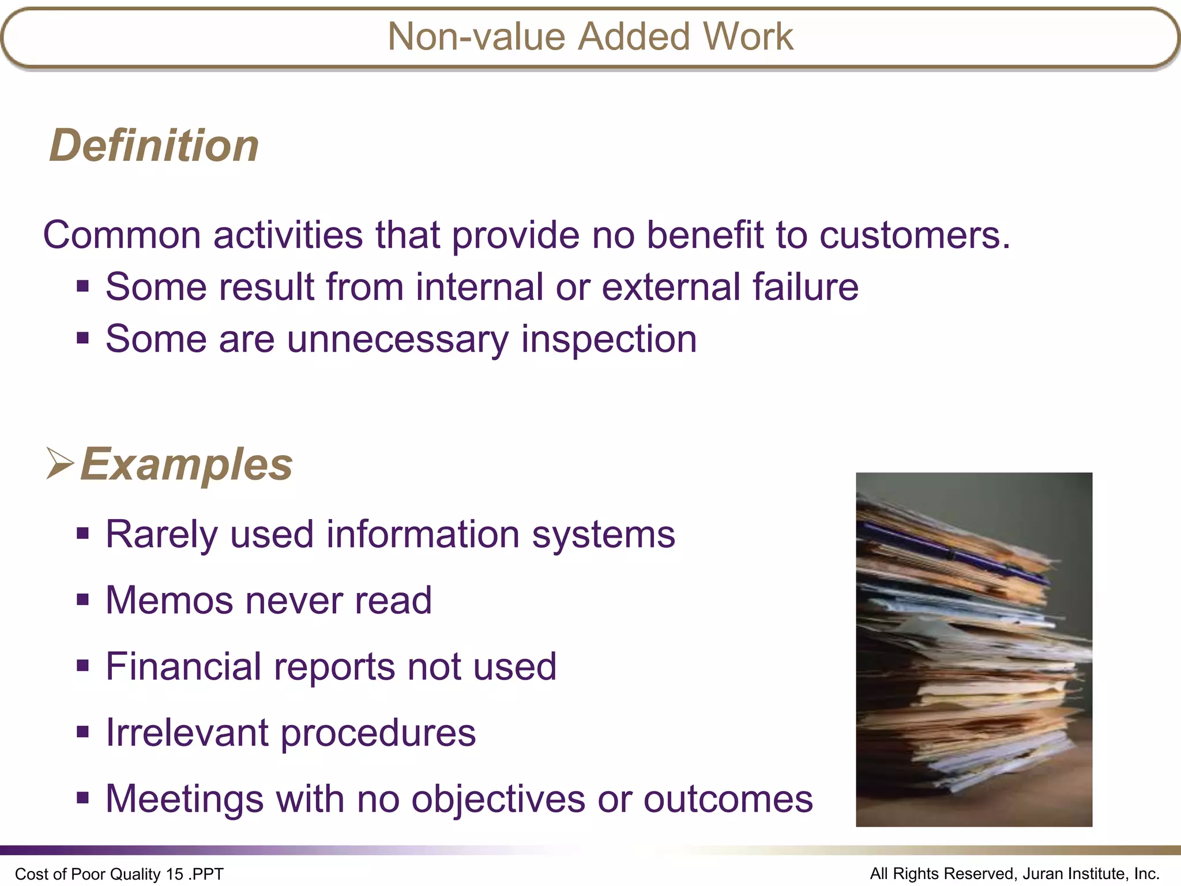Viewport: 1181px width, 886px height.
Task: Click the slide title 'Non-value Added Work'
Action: [x=590, y=37]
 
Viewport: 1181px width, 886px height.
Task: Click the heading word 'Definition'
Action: [x=154, y=145]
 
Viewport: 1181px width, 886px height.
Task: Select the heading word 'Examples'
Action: [x=186, y=464]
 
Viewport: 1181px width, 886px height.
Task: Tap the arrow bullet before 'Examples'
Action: [x=60, y=463]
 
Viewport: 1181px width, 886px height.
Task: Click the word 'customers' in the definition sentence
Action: [x=915, y=235]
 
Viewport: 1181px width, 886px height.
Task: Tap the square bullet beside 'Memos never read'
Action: [x=83, y=600]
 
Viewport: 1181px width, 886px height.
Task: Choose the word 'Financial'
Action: [x=183, y=667]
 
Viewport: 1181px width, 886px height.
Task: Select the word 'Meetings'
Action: [x=185, y=799]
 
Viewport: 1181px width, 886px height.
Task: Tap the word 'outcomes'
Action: [x=728, y=799]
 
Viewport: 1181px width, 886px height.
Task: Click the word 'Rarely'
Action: [x=162, y=535]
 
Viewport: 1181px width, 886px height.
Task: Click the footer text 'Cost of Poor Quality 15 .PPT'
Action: [x=119, y=874]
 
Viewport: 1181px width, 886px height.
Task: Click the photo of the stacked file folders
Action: [x=973, y=650]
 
